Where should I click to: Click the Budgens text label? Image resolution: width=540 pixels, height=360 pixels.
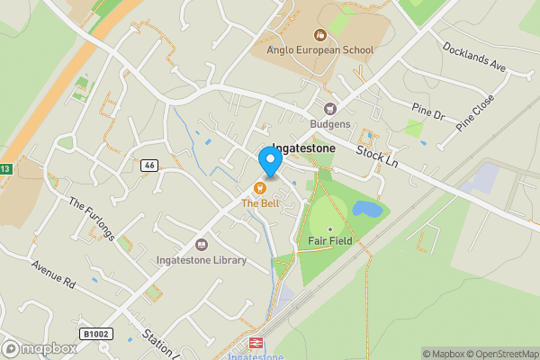(x=329, y=123)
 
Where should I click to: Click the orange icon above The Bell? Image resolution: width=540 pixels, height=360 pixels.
(x=260, y=188)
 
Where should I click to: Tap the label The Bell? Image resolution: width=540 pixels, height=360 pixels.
(x=261, y=203)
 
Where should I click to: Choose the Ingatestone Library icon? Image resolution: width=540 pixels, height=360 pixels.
(x=202, y=245)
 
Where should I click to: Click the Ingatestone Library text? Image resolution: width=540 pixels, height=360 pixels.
(x=202, y=260)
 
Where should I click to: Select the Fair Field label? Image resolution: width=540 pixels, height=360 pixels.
(x=329, y=240)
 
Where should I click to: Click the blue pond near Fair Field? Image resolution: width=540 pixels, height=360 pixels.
(x=367, y=210)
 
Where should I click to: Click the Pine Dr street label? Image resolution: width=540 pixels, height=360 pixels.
(x=427, y=113)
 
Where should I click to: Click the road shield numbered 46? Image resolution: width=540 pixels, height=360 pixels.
(x=149, y=166)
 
